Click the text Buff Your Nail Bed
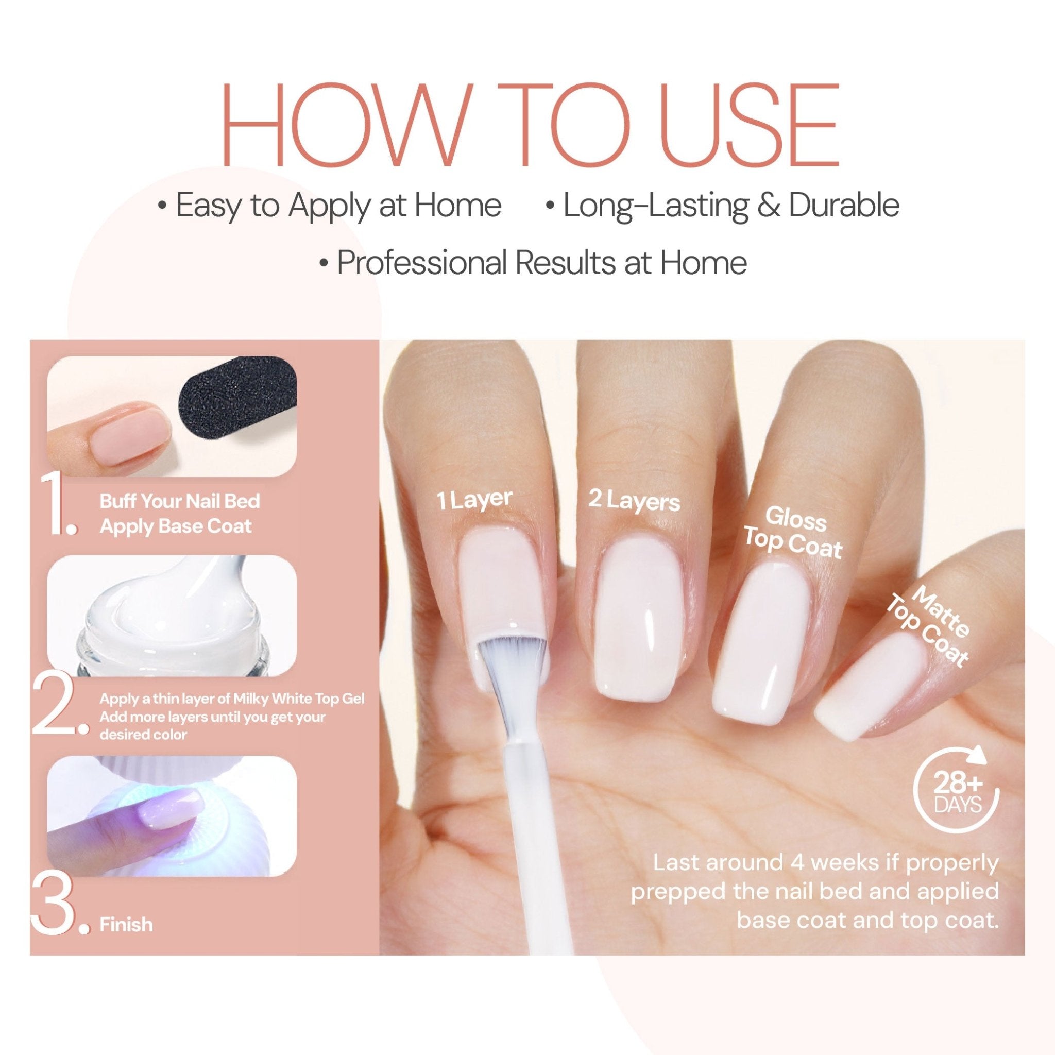pyautogui.click(x=180, y=501)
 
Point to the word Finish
pyautogui.click(x=126, y=925)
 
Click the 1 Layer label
pyautogui.click(x=474, y=499)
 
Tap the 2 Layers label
pyautogui.click(x=634, y=500)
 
